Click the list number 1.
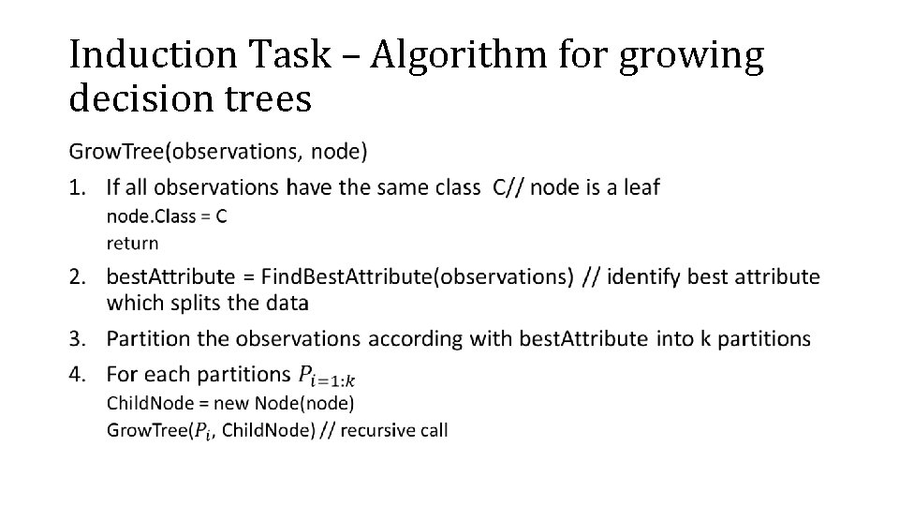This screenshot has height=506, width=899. point(80,187)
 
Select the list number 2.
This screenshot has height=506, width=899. point(80,276)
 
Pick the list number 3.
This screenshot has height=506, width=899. point(80,338)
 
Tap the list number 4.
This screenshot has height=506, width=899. point(80,374)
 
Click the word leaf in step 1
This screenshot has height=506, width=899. point(641,187)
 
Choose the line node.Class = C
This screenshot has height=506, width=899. point(167,216)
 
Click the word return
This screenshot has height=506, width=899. point(132,244)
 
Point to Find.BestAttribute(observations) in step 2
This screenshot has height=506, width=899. point(417,276)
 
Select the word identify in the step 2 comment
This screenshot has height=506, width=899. point(644,276)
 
